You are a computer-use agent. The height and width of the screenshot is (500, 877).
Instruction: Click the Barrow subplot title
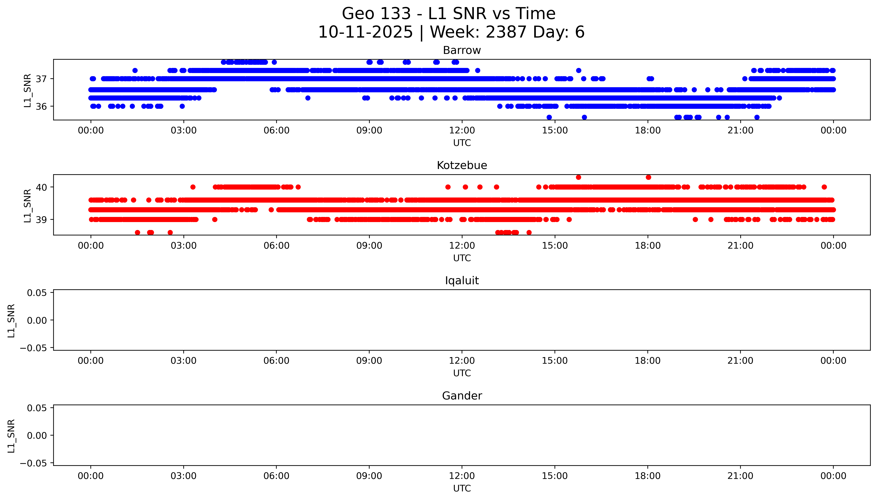coord(462,50)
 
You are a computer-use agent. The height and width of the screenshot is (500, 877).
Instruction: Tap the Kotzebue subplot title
coord(462,166)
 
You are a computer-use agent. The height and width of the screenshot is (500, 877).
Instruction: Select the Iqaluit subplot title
coord(462,281)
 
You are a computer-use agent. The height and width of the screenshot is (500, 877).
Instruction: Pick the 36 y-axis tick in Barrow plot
coord(41,106)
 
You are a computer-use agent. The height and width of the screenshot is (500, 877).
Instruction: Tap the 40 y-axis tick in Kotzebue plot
coord(41,187)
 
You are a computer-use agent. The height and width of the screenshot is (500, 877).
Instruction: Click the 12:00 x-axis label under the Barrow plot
coord(462,131)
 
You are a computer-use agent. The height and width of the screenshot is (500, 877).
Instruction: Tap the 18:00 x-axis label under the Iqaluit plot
coord(648,361)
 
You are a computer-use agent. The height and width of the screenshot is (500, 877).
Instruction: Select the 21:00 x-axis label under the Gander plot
coord(740,476)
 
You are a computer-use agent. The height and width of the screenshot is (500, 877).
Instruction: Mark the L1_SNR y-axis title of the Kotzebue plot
coord(28,205)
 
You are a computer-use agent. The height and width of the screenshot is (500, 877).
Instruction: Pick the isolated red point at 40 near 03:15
coord(193,187)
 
